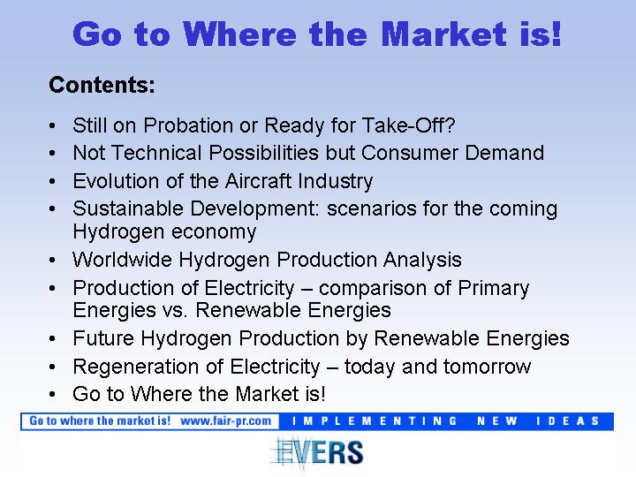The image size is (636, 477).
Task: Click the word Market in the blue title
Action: coord(444,34)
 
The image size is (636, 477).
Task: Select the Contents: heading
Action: coord(102,85)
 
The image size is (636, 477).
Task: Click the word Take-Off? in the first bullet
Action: coord(408,125)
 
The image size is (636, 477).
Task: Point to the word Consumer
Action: coord(409,153)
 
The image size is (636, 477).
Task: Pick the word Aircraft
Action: coord(258,180)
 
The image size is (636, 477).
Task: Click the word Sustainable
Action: coord(128,208)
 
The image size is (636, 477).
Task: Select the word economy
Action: coord(214,232)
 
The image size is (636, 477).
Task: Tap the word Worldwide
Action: coord(122,260)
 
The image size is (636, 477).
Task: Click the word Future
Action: coord(103,337)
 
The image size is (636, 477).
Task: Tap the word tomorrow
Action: coord(487,367)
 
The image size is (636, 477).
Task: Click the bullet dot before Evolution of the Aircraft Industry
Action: coord(52,181)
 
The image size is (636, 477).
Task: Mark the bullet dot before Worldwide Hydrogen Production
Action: coord(52,260)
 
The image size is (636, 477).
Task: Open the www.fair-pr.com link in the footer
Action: coord(226,420)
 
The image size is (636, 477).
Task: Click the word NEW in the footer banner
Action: coord(496,421)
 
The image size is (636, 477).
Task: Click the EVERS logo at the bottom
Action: coord(317,452)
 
